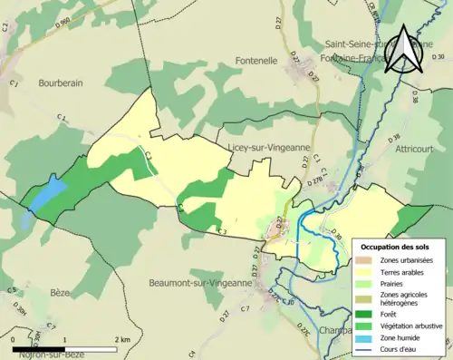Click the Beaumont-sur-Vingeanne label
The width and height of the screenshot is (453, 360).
tap(199, 283)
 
